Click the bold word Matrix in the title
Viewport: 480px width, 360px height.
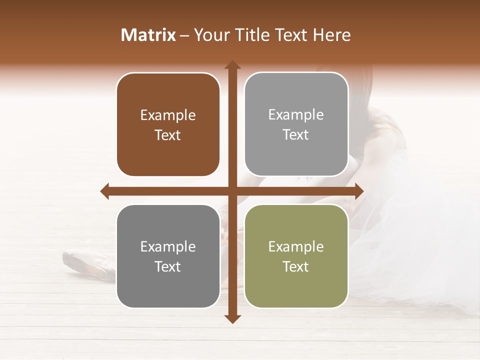[148, 35]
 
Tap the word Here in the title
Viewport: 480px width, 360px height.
[331, 35]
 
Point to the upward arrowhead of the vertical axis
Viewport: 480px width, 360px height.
[232, 65]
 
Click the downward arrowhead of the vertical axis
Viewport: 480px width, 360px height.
[232, 318]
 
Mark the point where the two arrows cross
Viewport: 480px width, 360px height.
[232, 191]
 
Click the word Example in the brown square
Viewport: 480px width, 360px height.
[168, 115]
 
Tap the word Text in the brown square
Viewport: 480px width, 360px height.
[168, 135]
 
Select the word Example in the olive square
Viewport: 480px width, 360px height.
[296, 246]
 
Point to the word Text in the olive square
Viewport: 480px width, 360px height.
[296, 266]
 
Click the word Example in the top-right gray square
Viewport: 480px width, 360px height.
[296, 115]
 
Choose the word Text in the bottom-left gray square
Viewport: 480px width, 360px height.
[168, 266]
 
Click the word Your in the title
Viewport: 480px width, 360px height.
[209, 35]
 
